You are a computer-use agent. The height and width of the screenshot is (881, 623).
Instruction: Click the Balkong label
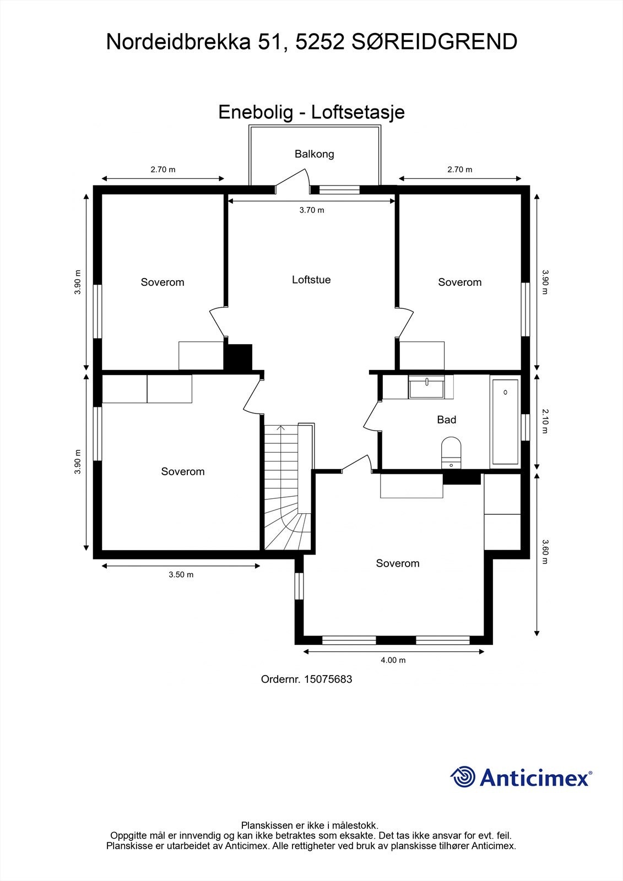pos(314,154)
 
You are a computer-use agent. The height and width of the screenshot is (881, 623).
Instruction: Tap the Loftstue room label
pos(311,280)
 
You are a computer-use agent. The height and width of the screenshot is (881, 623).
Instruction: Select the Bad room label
pos(446,420)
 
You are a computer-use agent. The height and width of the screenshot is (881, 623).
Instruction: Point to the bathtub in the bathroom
pos(505,421)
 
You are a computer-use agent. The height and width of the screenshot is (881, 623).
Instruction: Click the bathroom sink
pos(426,387)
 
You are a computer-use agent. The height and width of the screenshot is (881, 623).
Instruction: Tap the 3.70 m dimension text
pos(312,210)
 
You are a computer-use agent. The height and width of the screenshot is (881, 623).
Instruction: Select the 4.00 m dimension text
pos(393,660)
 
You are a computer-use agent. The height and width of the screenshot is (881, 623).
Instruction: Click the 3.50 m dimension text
pos(181,575)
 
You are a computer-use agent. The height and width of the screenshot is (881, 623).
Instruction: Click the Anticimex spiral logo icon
pos(463,777)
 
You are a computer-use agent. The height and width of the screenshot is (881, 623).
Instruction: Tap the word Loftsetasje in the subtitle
pos(358,112)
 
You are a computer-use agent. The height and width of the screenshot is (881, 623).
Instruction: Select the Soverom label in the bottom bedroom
pos(398,563)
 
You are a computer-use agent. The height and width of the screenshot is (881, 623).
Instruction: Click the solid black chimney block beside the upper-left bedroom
pos(238,357)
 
